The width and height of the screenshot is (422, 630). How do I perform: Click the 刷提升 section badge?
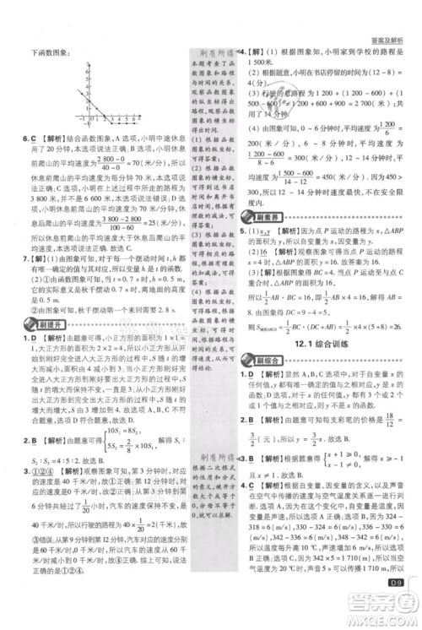[x=42, y=323]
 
